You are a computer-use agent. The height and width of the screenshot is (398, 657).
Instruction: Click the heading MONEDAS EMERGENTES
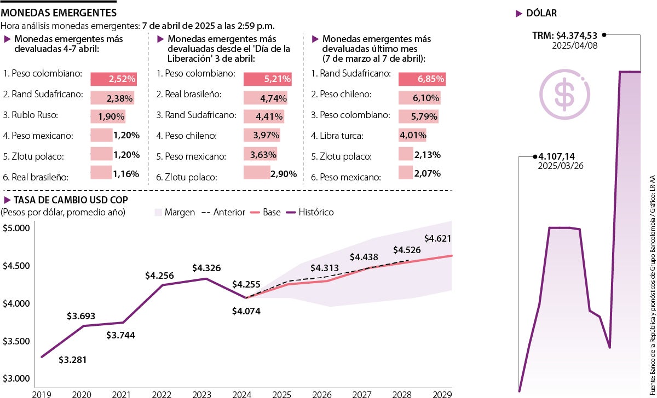coord(59,12)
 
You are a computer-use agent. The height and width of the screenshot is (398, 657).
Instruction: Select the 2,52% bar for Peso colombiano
coord(113,79)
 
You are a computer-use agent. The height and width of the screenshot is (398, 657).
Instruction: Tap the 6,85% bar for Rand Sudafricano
coord(422,79)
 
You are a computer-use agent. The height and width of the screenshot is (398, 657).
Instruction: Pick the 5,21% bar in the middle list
coord(267,79)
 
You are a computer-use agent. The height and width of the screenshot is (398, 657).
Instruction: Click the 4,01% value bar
coord(412,135)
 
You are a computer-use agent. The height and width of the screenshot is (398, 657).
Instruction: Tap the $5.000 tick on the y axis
coord(16,228)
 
